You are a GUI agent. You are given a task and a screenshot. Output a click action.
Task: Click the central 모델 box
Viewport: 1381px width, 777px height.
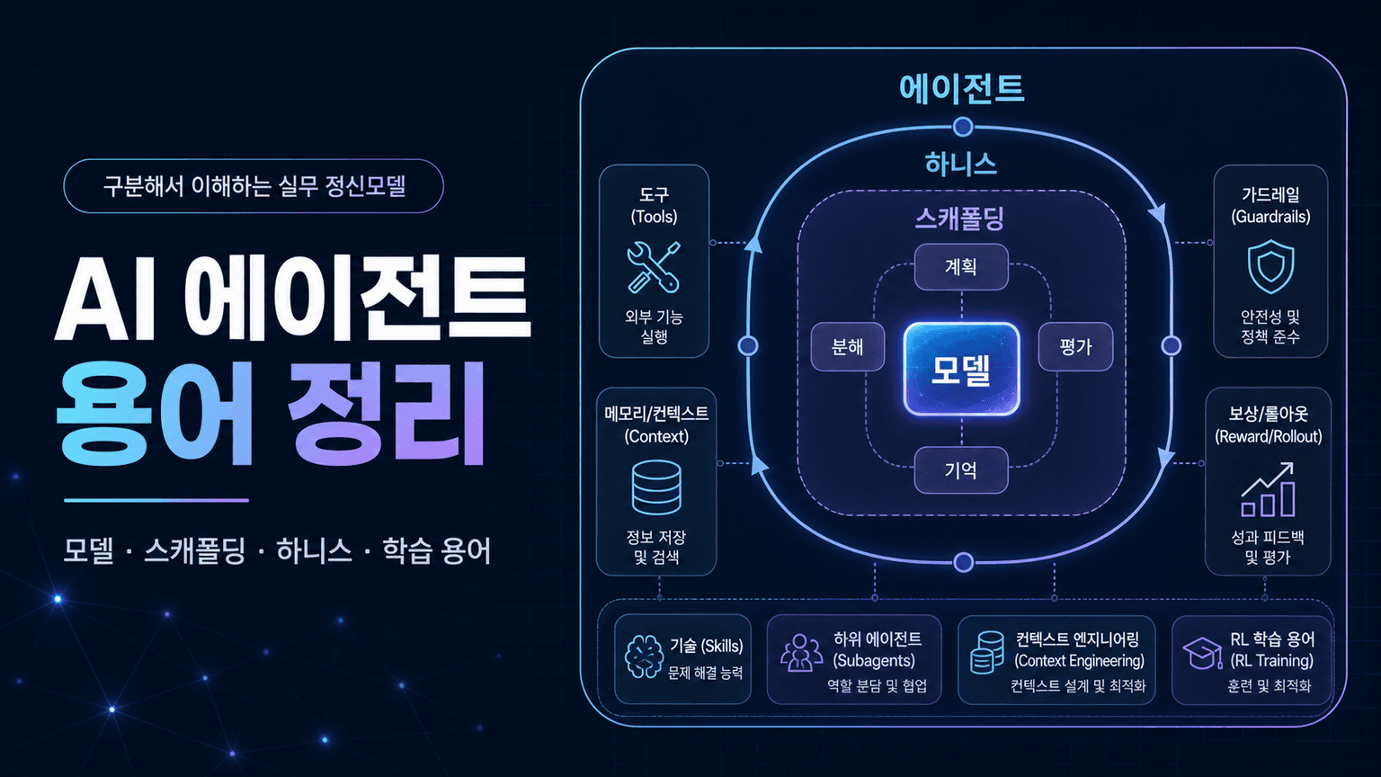tap(961, 369)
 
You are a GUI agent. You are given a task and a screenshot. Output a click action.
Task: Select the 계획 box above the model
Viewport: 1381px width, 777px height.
tap(961, 266)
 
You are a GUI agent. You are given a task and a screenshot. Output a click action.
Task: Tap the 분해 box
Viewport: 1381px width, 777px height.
tap(847, 346)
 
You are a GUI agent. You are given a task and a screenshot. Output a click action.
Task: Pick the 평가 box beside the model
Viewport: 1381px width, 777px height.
tap(1075, 346)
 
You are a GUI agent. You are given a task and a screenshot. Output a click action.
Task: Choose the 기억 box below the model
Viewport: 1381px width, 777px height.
tap(961, 470)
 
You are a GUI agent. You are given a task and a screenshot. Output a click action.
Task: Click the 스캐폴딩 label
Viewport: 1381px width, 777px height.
tap(960, 219)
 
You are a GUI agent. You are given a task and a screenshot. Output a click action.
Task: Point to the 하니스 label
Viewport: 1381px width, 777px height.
tap(960, 164)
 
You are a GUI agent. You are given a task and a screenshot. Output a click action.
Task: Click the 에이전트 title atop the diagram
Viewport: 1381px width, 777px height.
tap(962, 88)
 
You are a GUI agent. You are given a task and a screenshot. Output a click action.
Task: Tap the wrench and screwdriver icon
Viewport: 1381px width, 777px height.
tap(654, 267)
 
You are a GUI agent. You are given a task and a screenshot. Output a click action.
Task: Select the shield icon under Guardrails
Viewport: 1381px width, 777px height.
tap(1270, 266)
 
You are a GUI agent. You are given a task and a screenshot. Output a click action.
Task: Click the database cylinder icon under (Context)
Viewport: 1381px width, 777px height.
tap(656, 487)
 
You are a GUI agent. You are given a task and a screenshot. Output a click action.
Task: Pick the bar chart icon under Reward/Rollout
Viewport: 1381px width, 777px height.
tap(1268, 489)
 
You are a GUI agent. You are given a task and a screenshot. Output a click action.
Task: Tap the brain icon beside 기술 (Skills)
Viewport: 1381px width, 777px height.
tap(645, 657)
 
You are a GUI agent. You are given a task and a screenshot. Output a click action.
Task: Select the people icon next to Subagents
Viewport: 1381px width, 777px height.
tap(801, 652)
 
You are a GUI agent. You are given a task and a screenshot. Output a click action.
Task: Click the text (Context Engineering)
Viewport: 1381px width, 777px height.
tap(1079, 660)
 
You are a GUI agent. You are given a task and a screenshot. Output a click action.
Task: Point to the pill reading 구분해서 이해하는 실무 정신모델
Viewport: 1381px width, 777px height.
tap(254, 185)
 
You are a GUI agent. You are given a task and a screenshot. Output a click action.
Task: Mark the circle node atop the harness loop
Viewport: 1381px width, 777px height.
tap(963, 127)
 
